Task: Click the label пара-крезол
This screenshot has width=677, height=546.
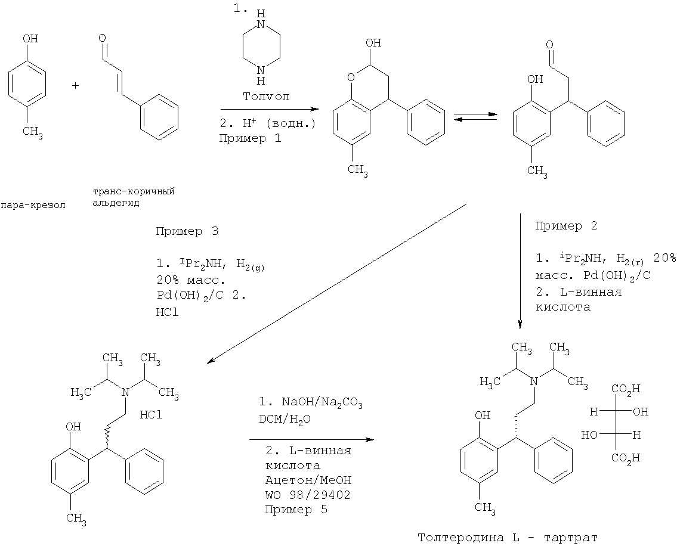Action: point(33,205)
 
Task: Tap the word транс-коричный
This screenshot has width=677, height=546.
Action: point(137,191)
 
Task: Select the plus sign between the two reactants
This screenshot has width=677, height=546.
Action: point(76,86)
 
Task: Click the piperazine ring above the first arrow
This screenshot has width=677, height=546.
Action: point(259,52)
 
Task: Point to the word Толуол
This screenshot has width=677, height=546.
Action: point(266,96)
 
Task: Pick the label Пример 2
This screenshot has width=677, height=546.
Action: point(566,227)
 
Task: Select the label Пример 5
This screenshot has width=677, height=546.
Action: point(289,510)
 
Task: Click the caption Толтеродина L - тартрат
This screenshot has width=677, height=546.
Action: point(507,536)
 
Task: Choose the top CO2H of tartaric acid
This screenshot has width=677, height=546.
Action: point(625,389)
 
